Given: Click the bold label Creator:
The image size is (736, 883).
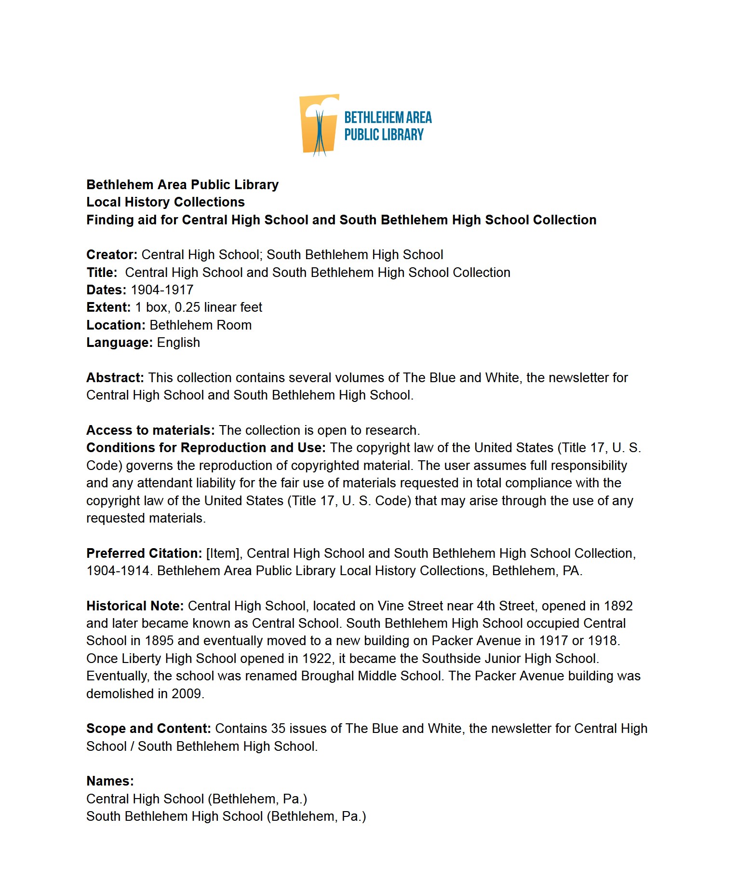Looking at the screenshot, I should (x=112, y=255).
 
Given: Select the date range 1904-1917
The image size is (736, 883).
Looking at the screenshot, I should (x=162, y=290).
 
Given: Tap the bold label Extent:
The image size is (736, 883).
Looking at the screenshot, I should (x=108, y=307).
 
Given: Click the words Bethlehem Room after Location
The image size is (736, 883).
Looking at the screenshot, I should (x=201, y=325).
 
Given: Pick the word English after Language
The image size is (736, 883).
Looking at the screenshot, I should (x=178, y=343).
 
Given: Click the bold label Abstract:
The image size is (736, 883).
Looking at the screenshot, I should (x=115, y=378).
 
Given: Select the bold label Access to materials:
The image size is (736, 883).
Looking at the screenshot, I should (x=150, y=430).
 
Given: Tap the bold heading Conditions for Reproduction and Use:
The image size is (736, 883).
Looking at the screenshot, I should (x=206, y=448).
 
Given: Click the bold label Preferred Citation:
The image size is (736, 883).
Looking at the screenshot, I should (x=144, y=553).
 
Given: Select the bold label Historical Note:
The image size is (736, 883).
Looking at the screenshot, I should (x=135, y=606).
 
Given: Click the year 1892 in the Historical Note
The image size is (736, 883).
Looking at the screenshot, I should (x=618, y=606).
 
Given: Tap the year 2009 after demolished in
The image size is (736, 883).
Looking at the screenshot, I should (x=187, y=694).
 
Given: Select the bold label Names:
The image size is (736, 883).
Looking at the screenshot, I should (x=110, y=781).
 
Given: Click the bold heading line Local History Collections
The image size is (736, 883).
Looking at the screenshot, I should (x=165, y=202).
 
